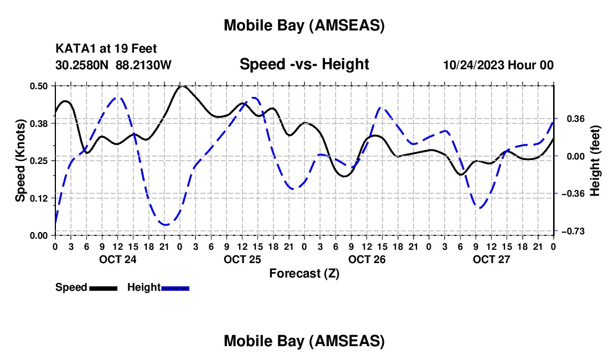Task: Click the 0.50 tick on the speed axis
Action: (41, 86)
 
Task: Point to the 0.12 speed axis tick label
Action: (41, 198)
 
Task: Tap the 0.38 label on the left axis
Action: (41, 123)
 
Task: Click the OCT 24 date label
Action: (117, 259)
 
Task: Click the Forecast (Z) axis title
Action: (304, 273)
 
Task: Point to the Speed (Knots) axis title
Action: (20, 160)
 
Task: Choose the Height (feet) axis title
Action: (595, 160)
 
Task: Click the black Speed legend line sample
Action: (103, 287)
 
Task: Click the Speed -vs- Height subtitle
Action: (304, 64)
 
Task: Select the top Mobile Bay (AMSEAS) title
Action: (304, 25)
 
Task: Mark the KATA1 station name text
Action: (74, 49)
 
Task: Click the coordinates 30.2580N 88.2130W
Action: (113, 65)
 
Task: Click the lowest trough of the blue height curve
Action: (165, 224)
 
